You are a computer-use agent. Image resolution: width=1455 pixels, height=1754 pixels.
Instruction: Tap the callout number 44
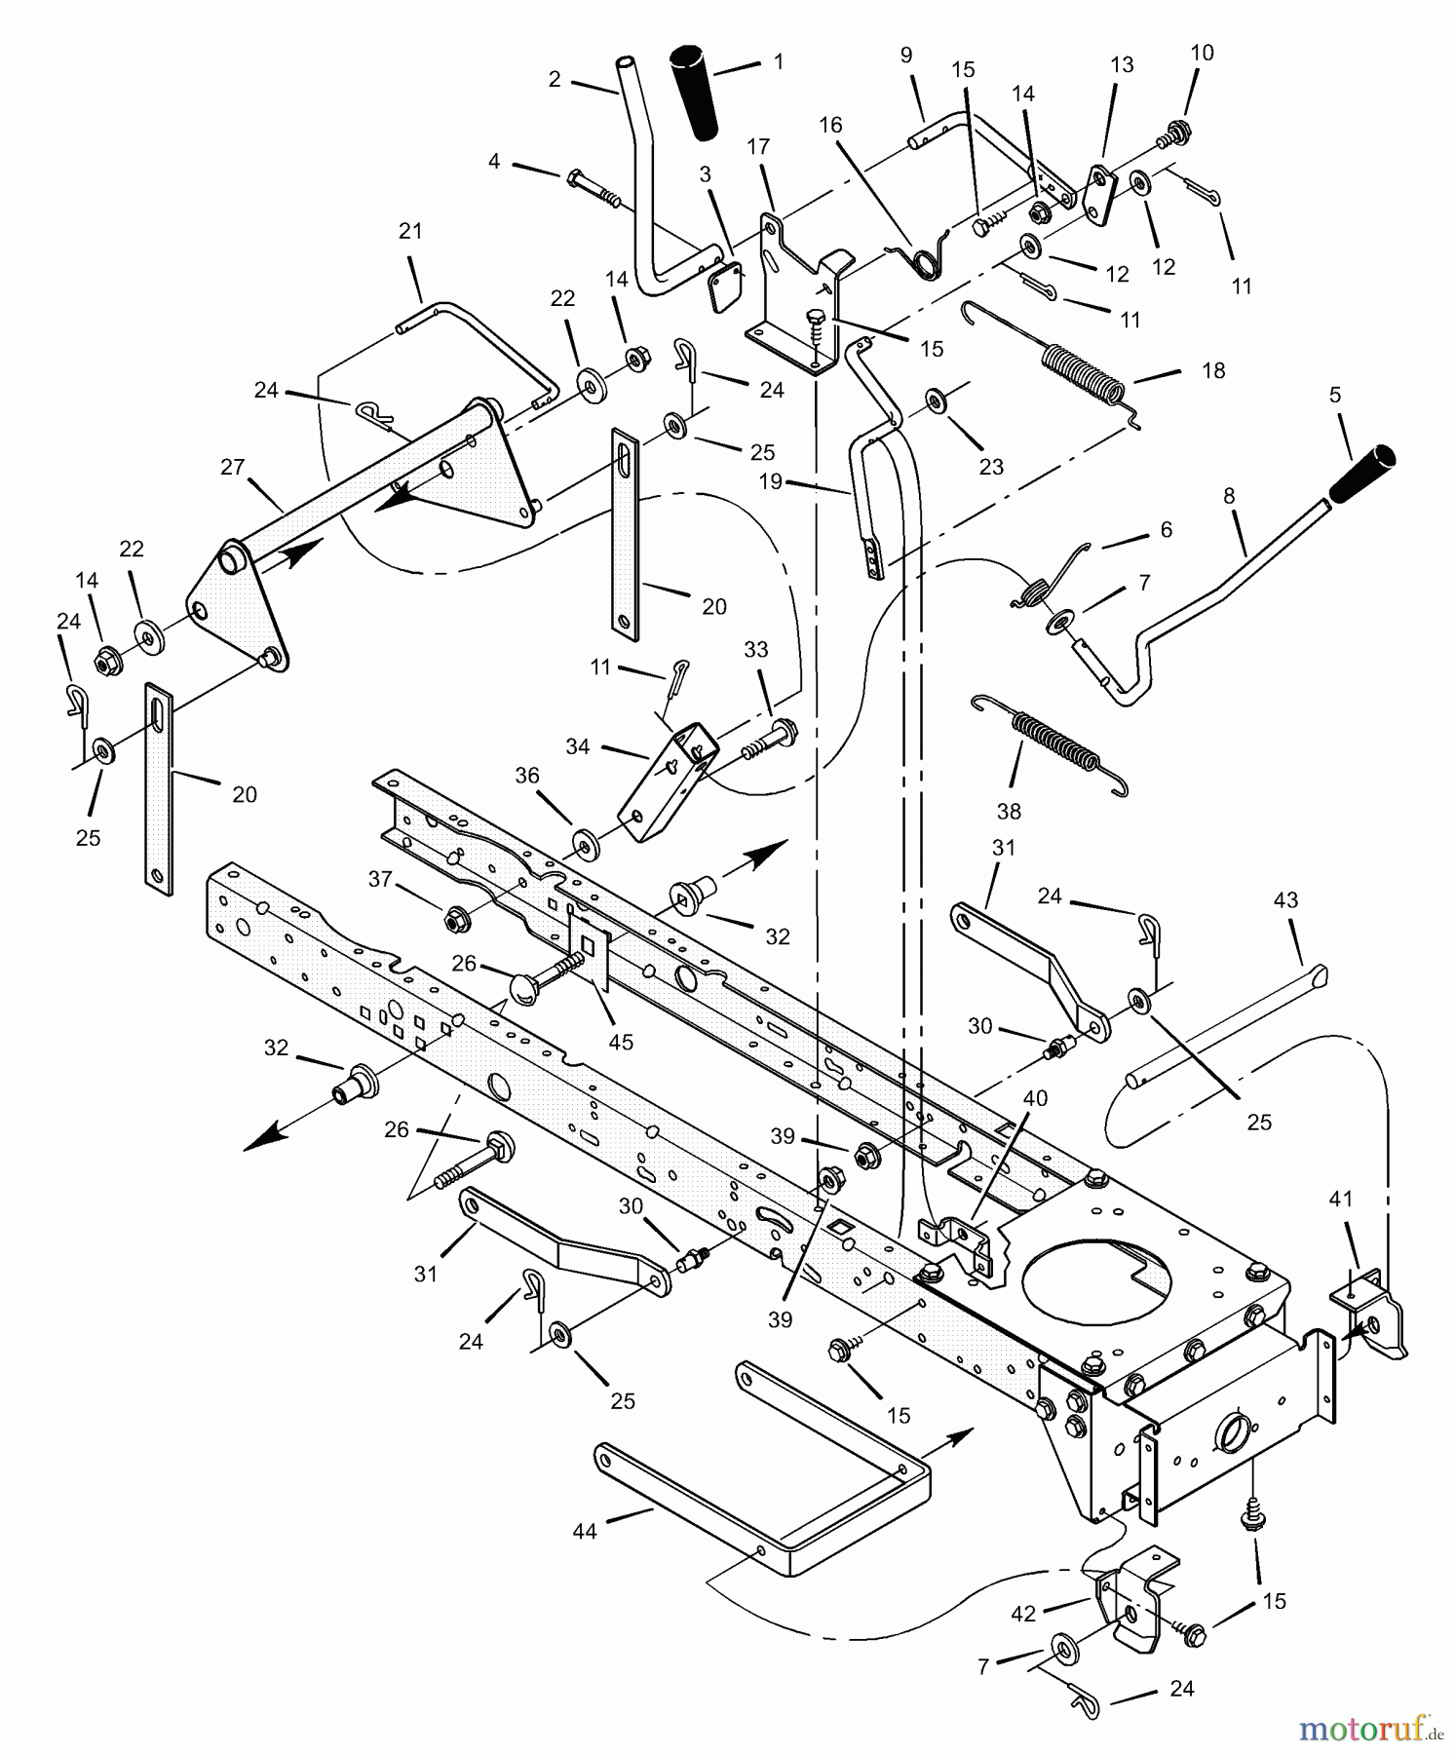click(x=585, y=1532)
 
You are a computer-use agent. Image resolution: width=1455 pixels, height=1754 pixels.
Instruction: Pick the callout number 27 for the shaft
click(x=232, y=468)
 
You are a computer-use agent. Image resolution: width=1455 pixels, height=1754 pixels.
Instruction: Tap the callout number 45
click(x=621, y=1042)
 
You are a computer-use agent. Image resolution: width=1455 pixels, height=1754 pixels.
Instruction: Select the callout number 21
click(x=410, y=231)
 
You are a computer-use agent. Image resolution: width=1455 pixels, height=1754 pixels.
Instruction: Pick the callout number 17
click(x=758, y=146)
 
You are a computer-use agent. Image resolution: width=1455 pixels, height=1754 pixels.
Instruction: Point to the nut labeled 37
click(x=452, y=917)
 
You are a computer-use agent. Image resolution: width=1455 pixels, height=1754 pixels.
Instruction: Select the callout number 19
click(x=771, y=482)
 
